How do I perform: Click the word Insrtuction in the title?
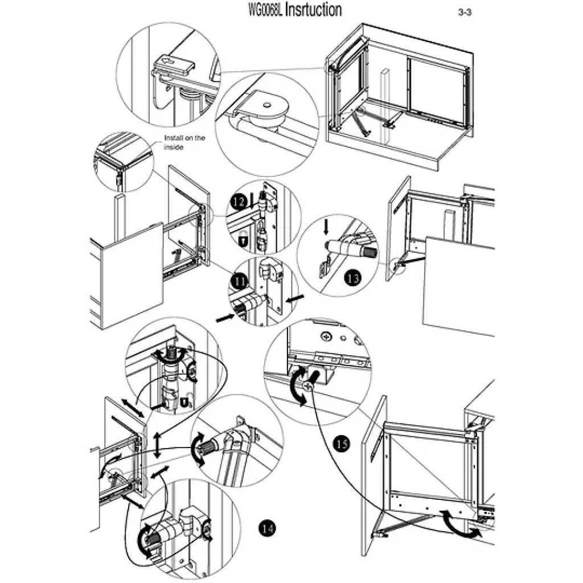click(x=313, y=10)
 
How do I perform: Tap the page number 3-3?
click(x=465, y=13)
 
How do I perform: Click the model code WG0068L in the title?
click(x=265, y=10)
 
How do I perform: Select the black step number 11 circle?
click(x=237, y=281)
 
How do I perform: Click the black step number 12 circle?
click(x=238, y=200)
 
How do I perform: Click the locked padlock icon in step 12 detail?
click(x=242, y=241)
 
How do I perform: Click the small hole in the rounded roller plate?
click(x=266, y=105)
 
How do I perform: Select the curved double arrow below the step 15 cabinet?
click(x=461, y=524)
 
